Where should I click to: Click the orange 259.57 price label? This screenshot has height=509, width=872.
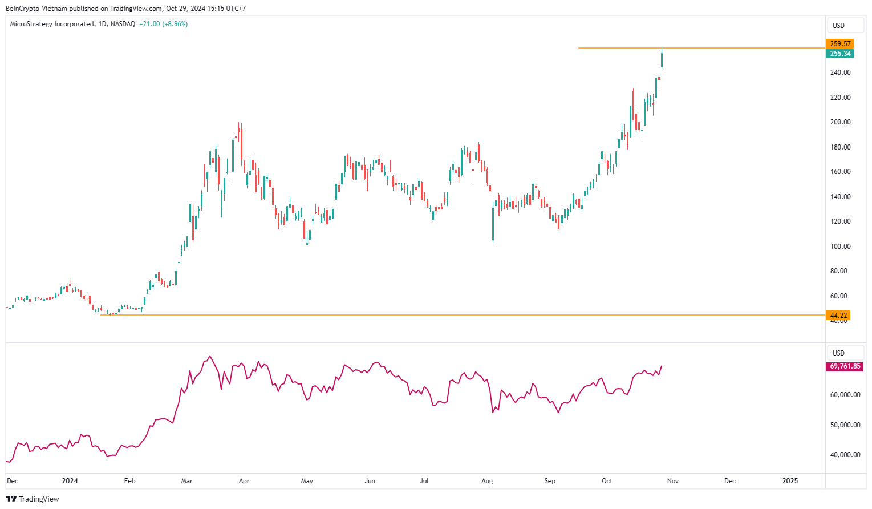839,44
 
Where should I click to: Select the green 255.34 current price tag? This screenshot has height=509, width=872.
839,54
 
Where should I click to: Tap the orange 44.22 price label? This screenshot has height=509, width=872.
838,316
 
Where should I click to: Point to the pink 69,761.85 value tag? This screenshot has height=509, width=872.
845,366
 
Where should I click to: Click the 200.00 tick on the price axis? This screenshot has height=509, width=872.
840,122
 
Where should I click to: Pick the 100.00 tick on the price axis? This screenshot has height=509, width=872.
840,247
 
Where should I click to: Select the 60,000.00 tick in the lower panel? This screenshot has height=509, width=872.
845,395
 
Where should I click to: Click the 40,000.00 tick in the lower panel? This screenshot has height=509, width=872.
845,455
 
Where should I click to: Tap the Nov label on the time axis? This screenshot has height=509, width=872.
673,481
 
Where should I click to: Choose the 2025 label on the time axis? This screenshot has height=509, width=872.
790,481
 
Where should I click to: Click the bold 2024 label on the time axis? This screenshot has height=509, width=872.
70,481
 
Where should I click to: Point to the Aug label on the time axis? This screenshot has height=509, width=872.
487,481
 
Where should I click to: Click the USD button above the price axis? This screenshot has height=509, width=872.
838,26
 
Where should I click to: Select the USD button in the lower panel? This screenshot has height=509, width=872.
838,353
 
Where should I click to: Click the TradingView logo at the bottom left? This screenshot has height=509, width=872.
33,499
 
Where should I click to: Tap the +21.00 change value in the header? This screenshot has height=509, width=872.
149,24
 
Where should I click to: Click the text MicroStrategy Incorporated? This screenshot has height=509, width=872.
52,24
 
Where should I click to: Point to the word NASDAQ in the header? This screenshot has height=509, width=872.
123,24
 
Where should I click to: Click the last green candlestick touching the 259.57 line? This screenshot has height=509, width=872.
662,59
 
